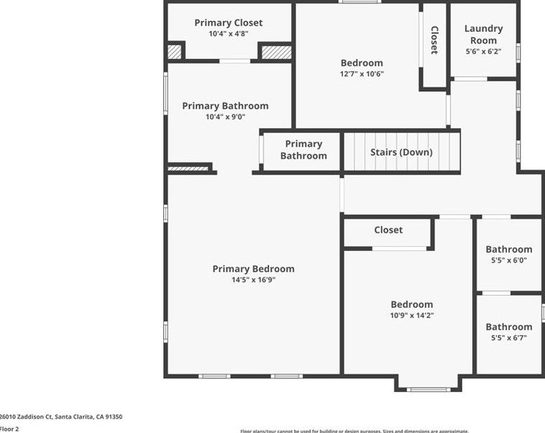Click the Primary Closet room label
(x=228, y=23)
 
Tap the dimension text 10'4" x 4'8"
(x=228, y=34)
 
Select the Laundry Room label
(x=483, y=35)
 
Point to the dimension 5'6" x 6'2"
(x=483, y=51)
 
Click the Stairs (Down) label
(x=401, y=152)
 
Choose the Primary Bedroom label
(x=253, y=269)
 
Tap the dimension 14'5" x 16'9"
(x=253, y=280)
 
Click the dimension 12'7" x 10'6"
(x=362, y=73)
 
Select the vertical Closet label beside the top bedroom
(x=434, y=40)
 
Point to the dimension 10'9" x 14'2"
(x=412, y=315)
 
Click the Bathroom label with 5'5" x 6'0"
(x=509, y=250)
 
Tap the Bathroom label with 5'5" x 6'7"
(x=509, y=327)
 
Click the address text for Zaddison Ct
(x=60, y=416)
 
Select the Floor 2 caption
(x=9, y=429)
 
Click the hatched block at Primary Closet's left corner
(x=174, y=52)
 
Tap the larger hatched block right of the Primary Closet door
(x=275, y=52)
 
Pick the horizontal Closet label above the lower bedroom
(x=388, y=230)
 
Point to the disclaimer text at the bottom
(x=354, y=431)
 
